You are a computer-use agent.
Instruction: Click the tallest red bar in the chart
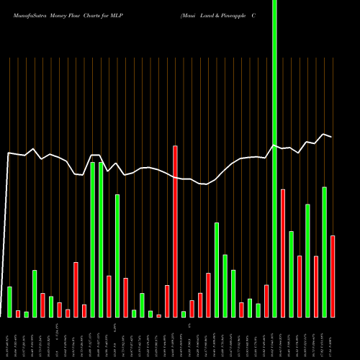(x=175, y=230)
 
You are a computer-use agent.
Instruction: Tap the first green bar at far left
(x=9, y=302)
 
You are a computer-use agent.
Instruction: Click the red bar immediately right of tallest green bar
(x=283, y=253)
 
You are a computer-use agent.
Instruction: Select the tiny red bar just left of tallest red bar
(x=158, y=315)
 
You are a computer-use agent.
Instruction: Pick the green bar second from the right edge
(x=325, y=252)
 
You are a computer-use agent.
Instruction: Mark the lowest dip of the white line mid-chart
(x=204, y=184)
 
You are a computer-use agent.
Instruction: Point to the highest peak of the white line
(x=325, y=134)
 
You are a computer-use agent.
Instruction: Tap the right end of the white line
(x=332, y=137)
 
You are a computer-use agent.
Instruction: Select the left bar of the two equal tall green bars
(x=92, y=239)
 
